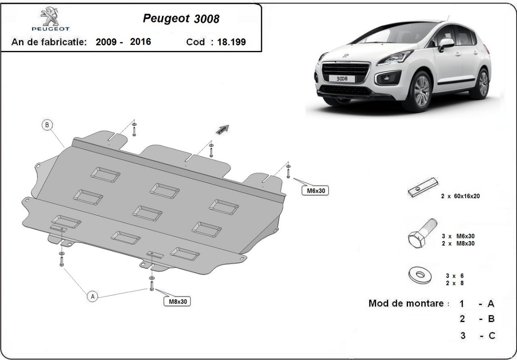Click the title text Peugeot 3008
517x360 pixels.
coord(181,19)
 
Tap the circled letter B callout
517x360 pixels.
coord(47,125)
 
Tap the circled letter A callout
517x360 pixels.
coord(92,296)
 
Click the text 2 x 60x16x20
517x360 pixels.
coord(460,196)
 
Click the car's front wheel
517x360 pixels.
coord(420,91)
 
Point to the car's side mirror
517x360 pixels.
coord(445,43)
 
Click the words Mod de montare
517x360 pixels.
coord(406,303)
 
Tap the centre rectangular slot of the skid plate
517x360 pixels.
coord(147,212)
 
